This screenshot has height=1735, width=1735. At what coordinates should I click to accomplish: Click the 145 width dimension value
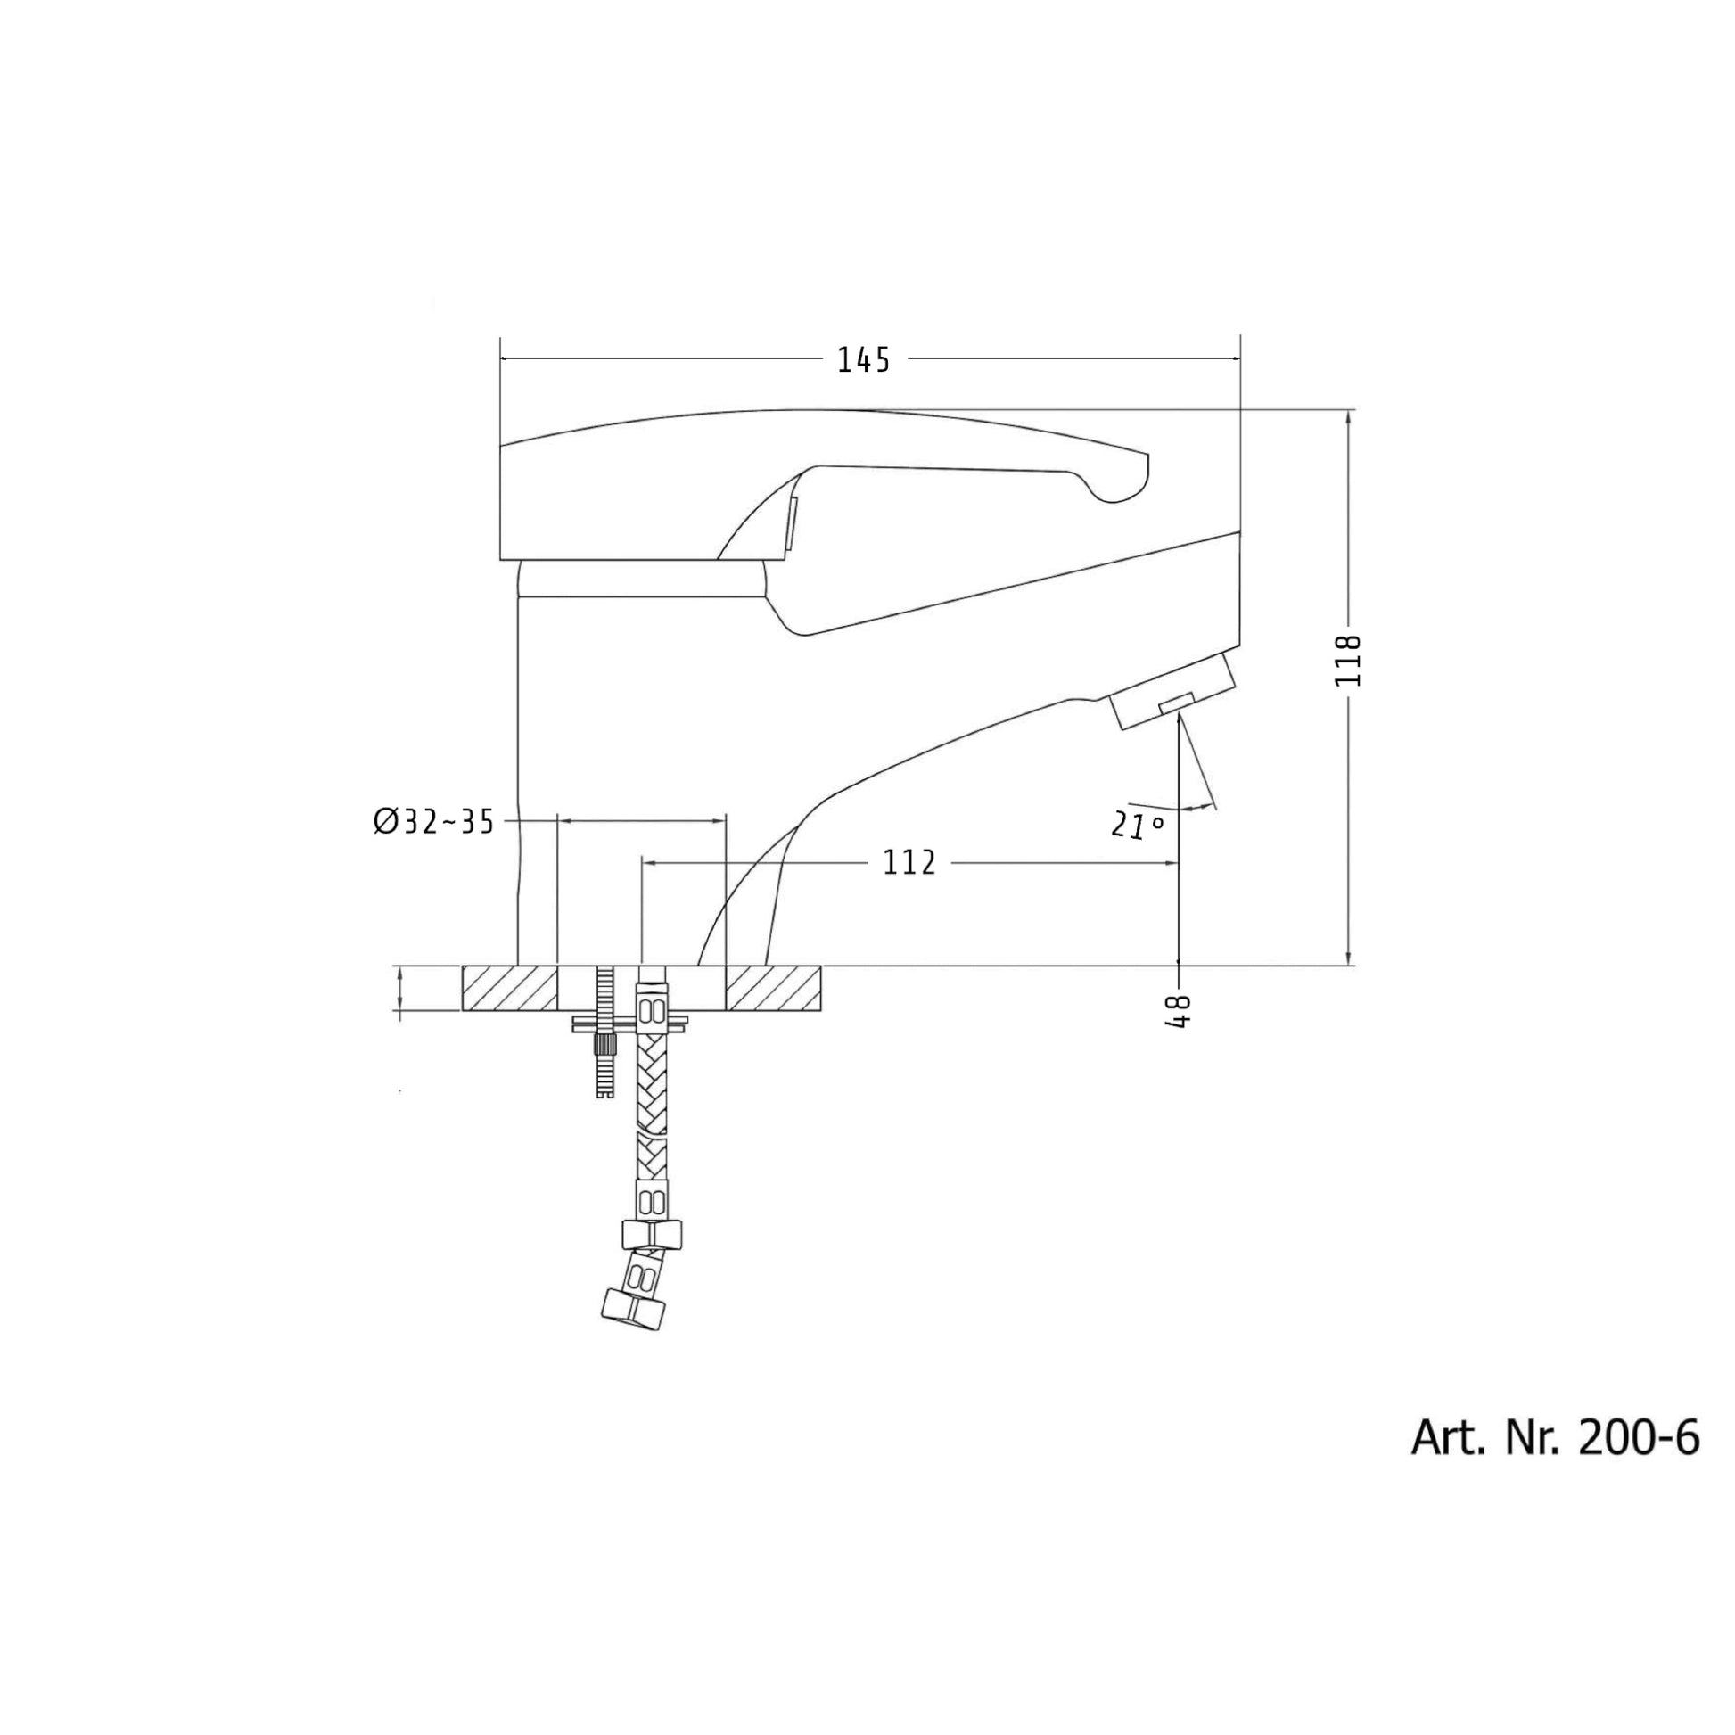[x=863, y=360]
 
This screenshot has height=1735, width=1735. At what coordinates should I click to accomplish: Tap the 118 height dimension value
[x=1348, y=660]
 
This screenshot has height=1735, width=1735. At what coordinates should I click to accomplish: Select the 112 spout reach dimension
[x=909, y=863]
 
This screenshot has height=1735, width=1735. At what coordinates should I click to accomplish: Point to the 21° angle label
[x=1137, y=824]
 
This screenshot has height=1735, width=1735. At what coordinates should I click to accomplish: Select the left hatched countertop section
[x=509, y=988]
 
